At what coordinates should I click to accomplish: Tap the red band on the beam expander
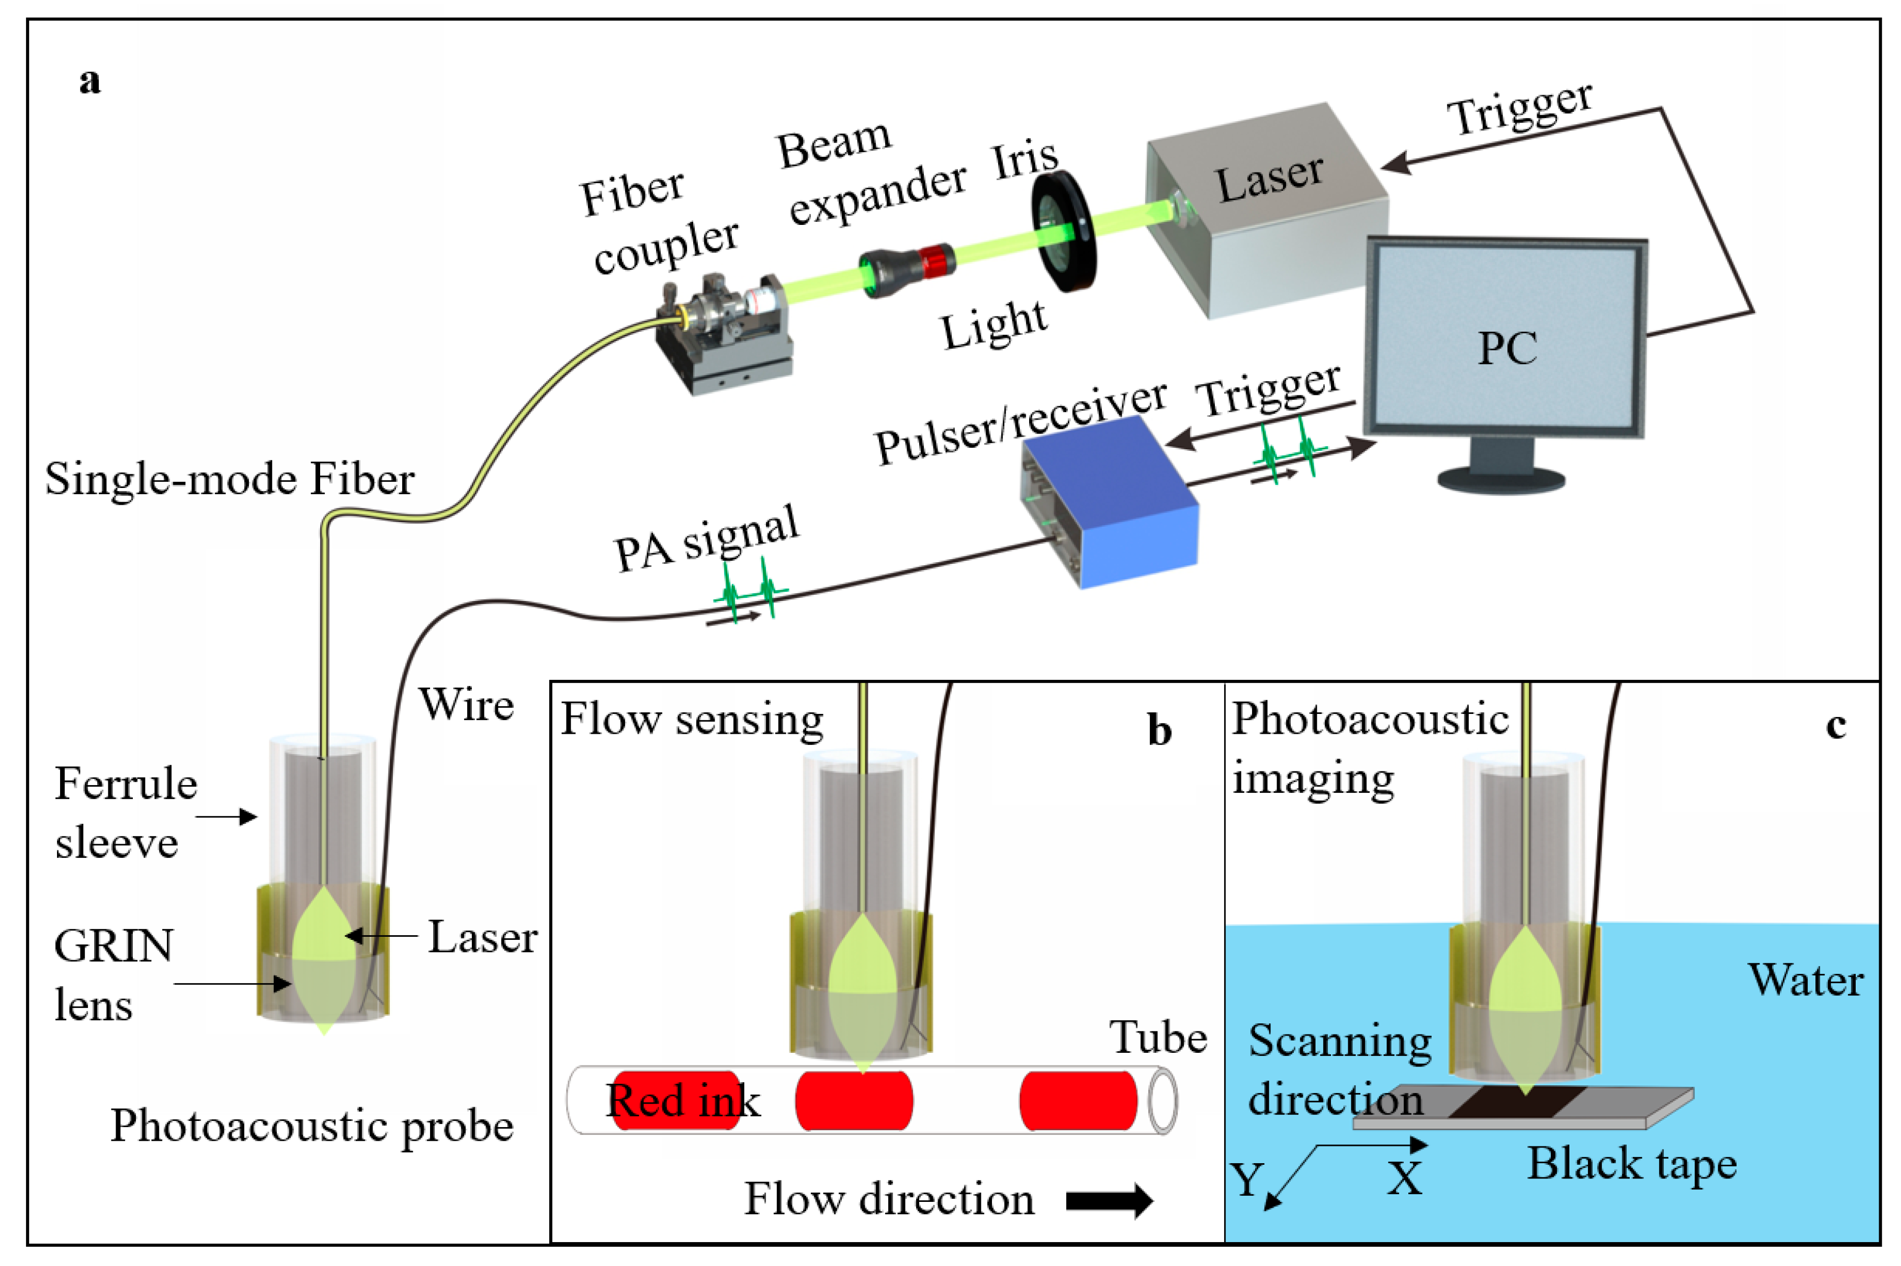tap(937, 260)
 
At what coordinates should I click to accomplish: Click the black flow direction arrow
tap(1108, 1200)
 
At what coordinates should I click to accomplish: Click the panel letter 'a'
tap(90, 81)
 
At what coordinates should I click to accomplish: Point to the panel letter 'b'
tap(1159, 730)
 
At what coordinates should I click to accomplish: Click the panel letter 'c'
tap(1835, 725)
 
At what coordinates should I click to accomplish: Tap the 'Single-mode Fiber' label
tap(230, 479)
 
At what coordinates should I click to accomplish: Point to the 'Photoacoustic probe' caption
tap(311, 1126)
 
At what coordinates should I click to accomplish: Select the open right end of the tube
tap(1163, 1101)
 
